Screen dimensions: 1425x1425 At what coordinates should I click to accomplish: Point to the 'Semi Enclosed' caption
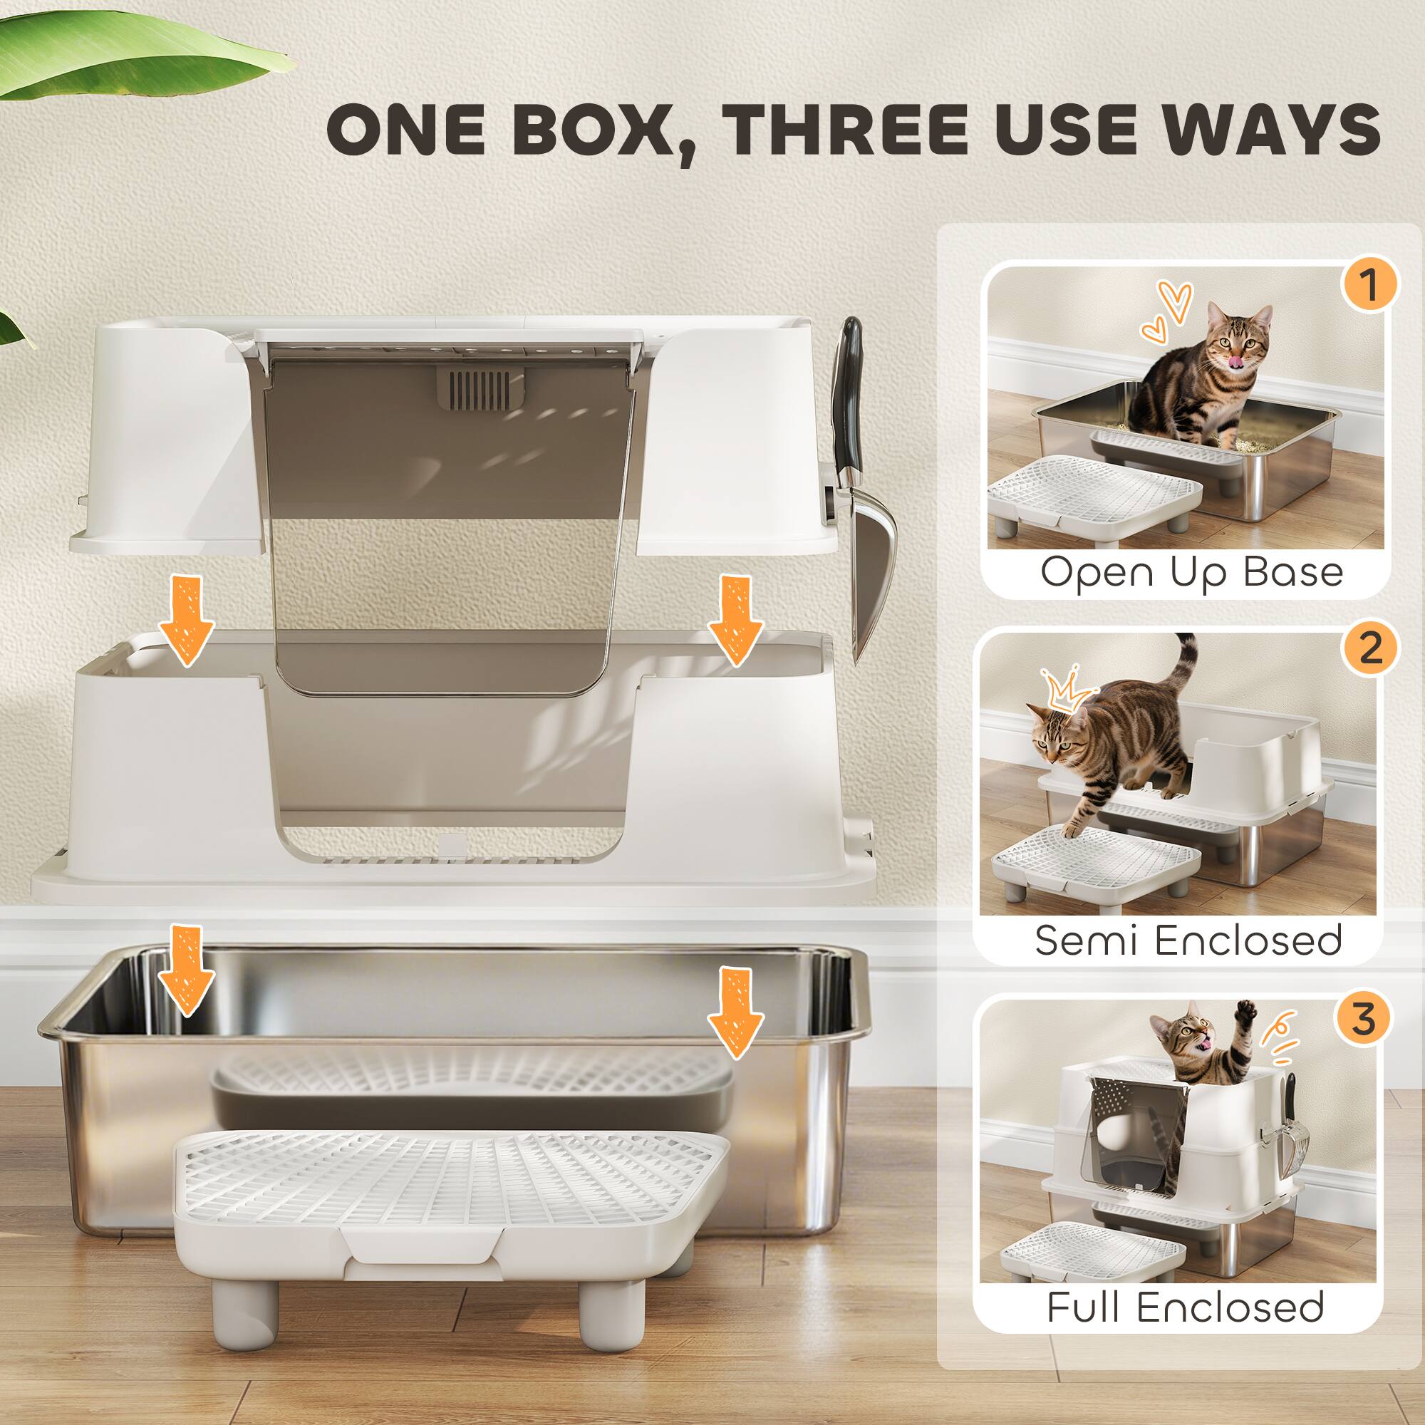(1188, 940)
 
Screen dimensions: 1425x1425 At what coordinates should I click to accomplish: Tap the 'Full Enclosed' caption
(1186, 1307)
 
